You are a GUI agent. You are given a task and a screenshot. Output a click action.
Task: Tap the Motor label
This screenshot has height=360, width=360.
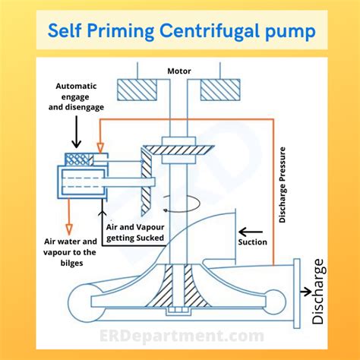[x=178, y=71]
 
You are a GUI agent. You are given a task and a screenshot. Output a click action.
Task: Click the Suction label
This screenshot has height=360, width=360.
[x=252, y=242]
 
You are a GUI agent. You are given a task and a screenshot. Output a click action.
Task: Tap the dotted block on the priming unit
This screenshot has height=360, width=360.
[x=77, y=159]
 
